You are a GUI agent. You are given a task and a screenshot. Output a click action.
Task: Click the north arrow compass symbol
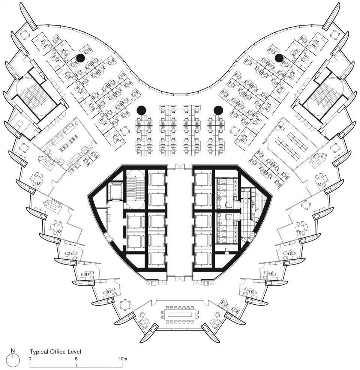click(13, 360)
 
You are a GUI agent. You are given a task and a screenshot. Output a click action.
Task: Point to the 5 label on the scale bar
click(76, 359)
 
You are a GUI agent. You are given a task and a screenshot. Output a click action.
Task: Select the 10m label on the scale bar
click(123, 359)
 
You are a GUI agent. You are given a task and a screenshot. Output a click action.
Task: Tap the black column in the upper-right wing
click(279, 58)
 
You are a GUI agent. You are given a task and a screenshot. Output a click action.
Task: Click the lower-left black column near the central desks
click(141, 110)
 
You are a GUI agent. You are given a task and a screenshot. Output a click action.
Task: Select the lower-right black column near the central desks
click(218, 110)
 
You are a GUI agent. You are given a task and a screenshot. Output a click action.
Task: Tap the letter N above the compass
click(13, 351)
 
